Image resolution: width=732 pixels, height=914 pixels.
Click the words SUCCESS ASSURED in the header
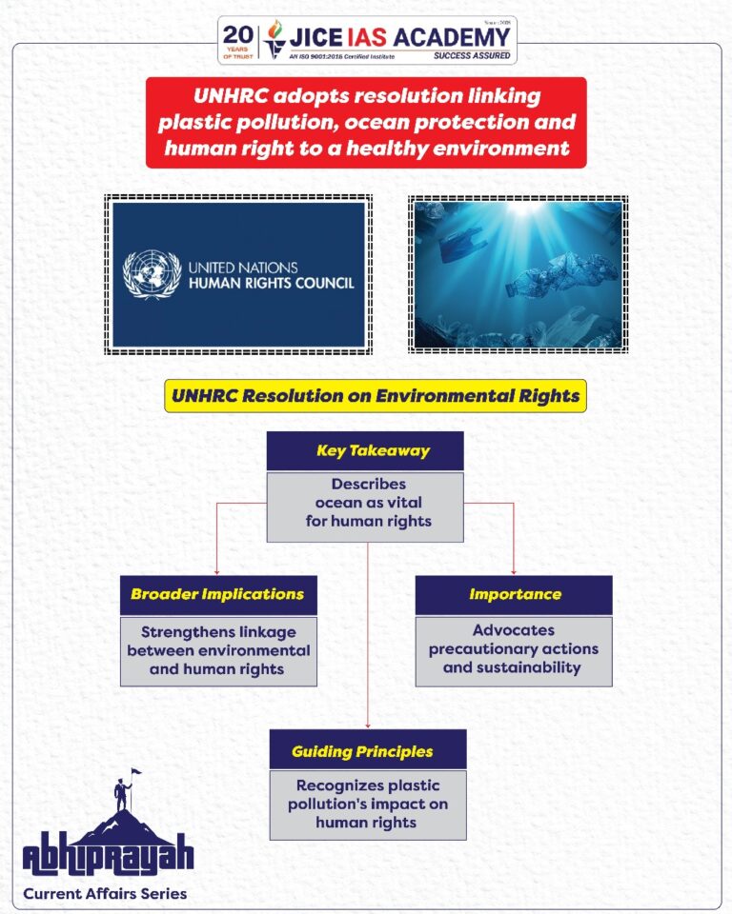472,55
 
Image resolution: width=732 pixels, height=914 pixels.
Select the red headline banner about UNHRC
366,123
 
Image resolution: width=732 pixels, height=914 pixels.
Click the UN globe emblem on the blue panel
152,274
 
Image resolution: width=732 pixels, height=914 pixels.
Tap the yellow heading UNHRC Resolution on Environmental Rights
376,396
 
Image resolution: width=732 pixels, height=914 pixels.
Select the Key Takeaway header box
365,450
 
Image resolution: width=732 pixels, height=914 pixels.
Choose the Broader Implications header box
218,594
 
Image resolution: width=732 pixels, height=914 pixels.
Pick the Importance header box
514,594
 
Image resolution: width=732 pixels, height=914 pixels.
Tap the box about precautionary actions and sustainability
514,649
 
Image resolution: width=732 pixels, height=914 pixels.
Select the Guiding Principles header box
368,750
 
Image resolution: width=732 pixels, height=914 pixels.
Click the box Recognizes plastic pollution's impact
368,804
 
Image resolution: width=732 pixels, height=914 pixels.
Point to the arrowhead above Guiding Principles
368,725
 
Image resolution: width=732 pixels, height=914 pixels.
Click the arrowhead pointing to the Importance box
514,571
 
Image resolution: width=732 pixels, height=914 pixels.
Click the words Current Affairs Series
105,893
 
